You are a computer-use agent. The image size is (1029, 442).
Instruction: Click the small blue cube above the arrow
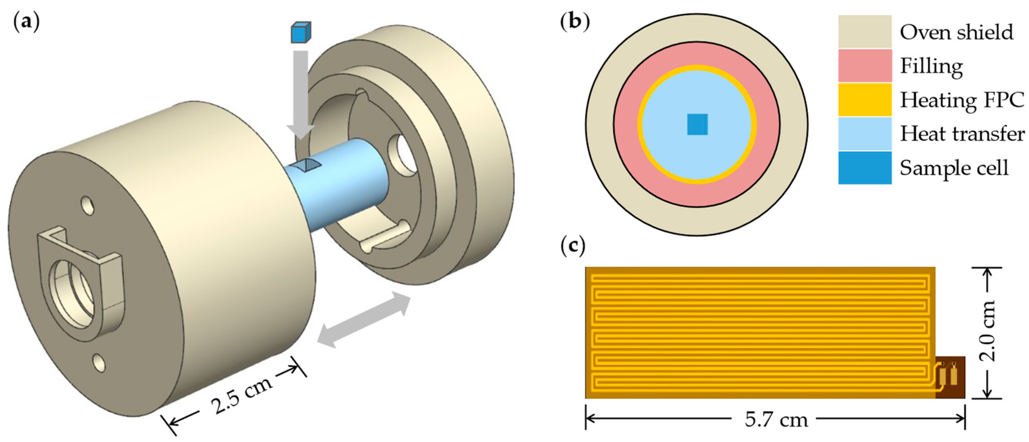[300, 33]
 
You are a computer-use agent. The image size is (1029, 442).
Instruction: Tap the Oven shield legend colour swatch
[865, 32]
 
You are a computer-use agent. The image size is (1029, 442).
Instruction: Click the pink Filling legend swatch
[865, 66]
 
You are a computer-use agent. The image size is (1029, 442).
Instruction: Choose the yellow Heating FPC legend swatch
[865, 100]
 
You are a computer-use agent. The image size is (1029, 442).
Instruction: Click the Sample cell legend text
[954, 168]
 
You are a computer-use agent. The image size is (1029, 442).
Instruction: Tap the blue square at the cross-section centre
[697, 124]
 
